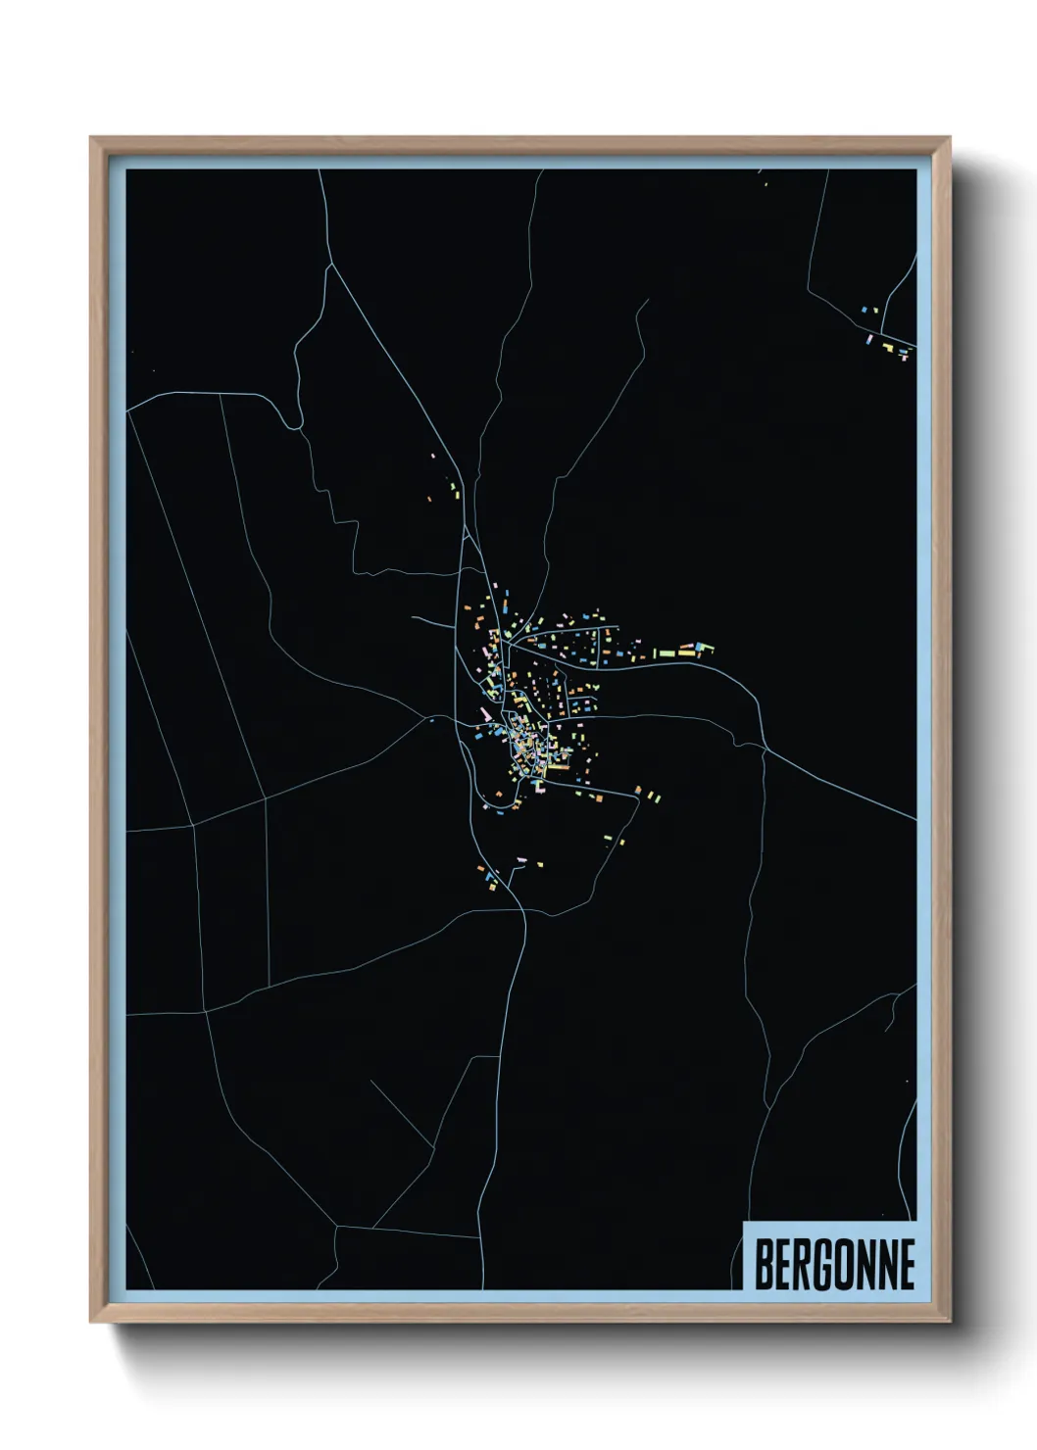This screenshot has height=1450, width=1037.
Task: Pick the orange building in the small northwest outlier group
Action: point(429,500)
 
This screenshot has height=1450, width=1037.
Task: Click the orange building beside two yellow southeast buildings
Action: point(638,790)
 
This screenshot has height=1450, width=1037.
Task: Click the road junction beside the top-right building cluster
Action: point(882,333)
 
